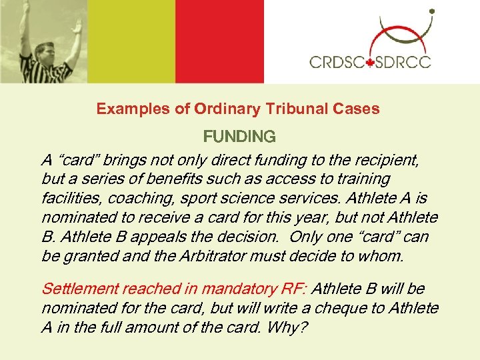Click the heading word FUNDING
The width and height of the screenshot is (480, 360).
239,137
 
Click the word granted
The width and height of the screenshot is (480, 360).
89,256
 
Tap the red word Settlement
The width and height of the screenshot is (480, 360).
80,289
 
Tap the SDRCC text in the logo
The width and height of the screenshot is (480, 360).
402,63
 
